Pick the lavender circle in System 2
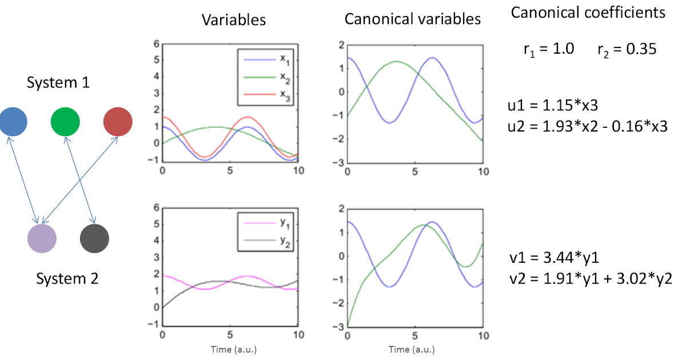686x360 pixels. point(42,238)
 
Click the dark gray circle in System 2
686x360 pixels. point(94,238)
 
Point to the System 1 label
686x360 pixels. point(58,83)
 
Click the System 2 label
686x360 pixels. point(67,279)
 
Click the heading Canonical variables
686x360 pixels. point(412,19)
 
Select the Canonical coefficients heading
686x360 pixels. point(588,13)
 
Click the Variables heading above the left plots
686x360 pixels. point(234,19)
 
